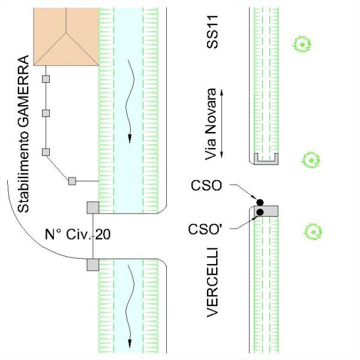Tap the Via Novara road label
tap(210, 124)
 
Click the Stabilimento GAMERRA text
tap(23, 134)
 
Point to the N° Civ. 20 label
tap(79, 234)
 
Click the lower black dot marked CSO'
tap(260, 211)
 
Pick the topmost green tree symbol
tap(302, 43)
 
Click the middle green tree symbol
tap(311, 160)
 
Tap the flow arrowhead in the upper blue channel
tap(129, 139)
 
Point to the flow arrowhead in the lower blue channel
tap(129, 343)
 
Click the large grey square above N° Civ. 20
tap(93, 208)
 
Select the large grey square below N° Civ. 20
tap(93, 265)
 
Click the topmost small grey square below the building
tap(46, 79)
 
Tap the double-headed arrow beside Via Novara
tap(222, 124)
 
